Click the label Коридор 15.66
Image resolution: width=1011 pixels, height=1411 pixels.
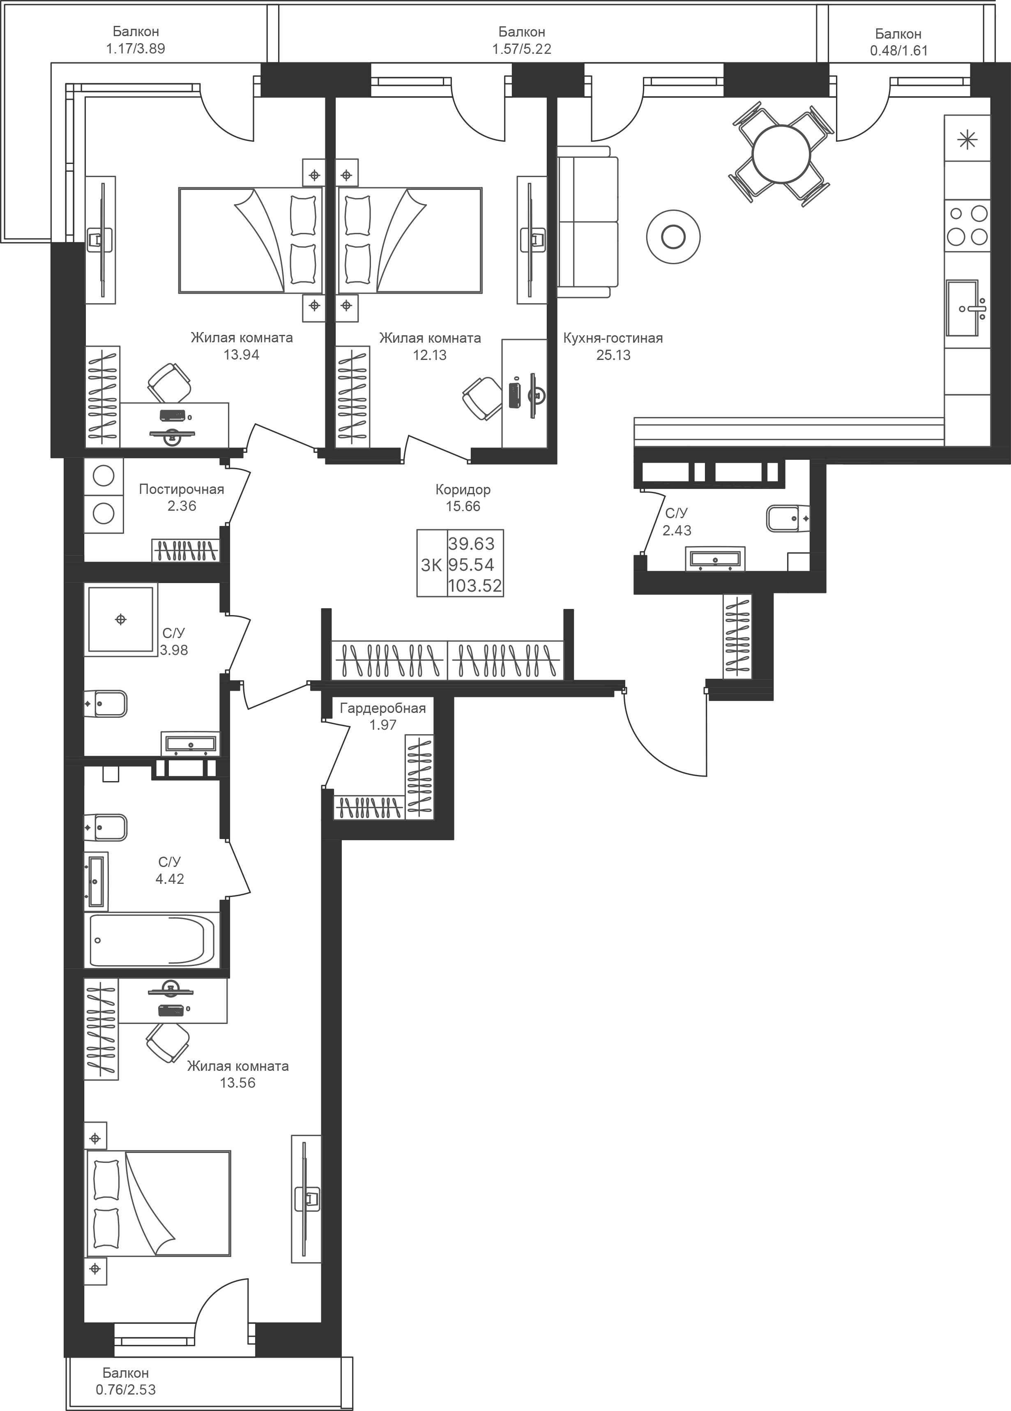pyautogui.click(x=463, y=498)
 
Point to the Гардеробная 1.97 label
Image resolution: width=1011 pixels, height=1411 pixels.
pyautogui.click(x=382, y=716)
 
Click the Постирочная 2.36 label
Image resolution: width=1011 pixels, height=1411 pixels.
pyautogui.click(x=181, y=498)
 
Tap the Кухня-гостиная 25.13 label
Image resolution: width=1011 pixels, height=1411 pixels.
pyautogui.click(x=613, y=346)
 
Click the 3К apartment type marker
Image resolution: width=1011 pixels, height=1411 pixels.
pyautogui.click(x=431, y=565)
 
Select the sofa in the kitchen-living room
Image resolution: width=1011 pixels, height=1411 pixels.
pyautogui.click(x=587, y=221)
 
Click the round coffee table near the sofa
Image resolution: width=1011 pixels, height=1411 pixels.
pyautogui.click(x=673, y=236)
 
